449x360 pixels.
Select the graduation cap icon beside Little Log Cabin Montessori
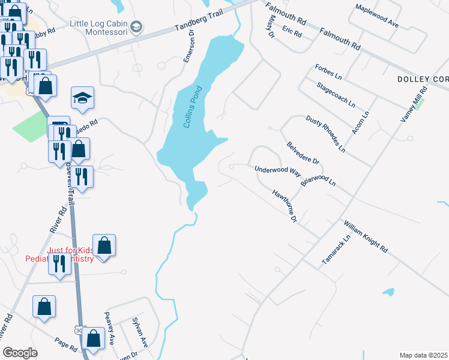pyautogui.click(x=137, y=26)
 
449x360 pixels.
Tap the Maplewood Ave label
pyautogui.click(x=377, y=16)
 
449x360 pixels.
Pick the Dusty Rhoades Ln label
pyautogui.click(x=326, y=133)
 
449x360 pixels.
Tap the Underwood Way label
pyautogui.click(x=277, y=170)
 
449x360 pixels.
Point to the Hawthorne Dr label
pyautogui.click(x=285, y=206)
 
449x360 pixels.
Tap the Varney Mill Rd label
pyautogui.click(x=414, y=106)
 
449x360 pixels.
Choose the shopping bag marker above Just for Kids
pyautogui.click(x=104, y=246)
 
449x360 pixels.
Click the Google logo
pyautogui.click(x=20, y=353)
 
